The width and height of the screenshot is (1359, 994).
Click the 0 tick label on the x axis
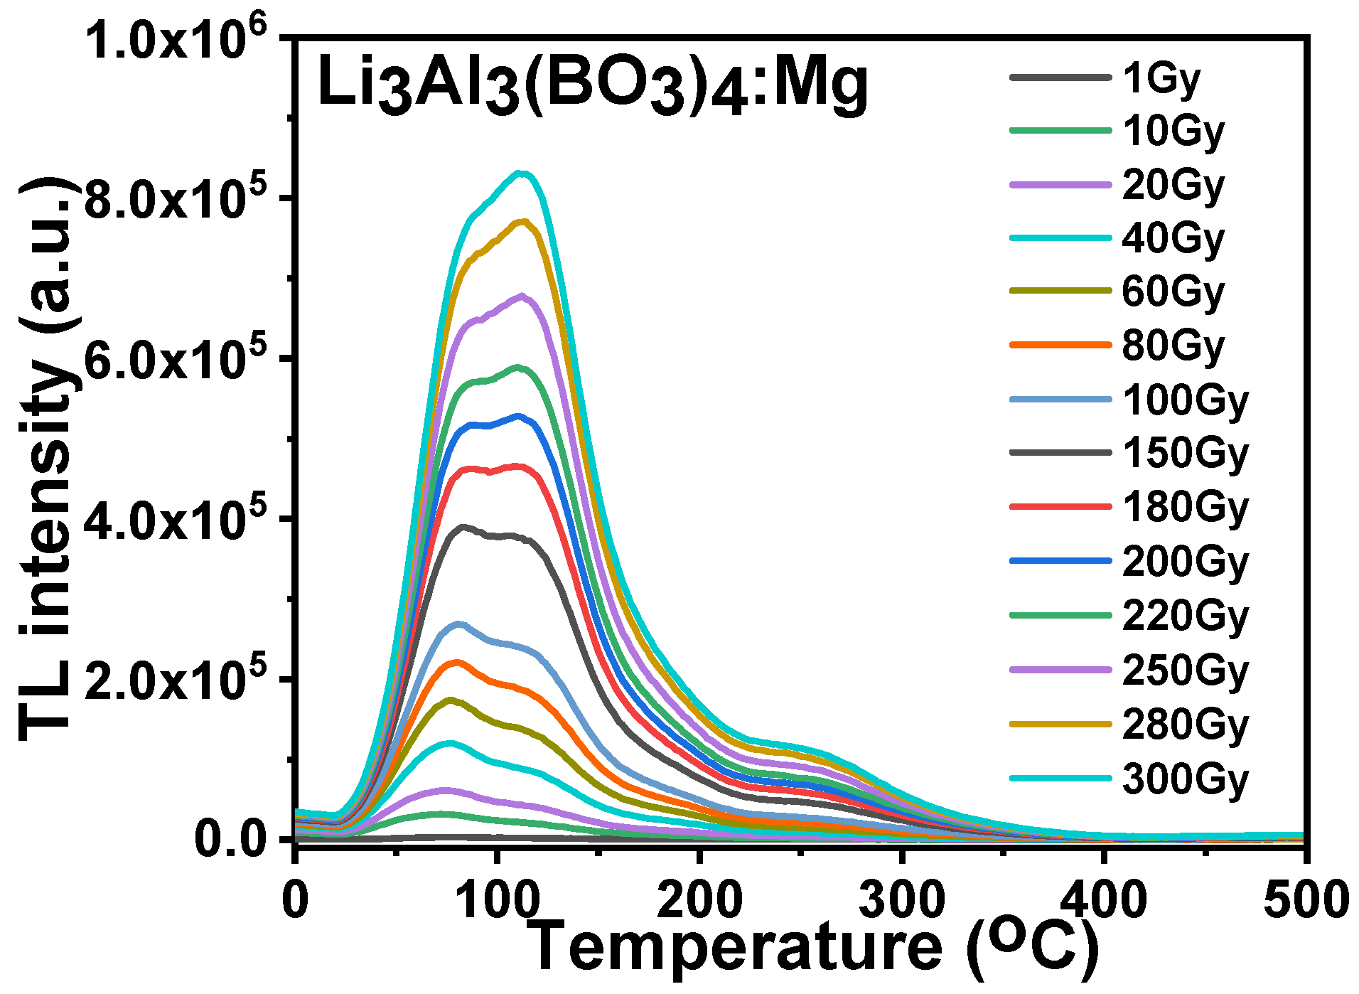pos(296,899)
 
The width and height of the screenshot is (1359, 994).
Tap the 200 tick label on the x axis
pos(700,899)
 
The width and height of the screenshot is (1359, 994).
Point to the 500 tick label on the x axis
pos(1305,899)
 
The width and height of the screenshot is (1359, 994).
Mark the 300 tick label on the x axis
pos(902,899)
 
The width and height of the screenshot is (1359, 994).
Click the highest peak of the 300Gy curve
pos(522,173)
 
